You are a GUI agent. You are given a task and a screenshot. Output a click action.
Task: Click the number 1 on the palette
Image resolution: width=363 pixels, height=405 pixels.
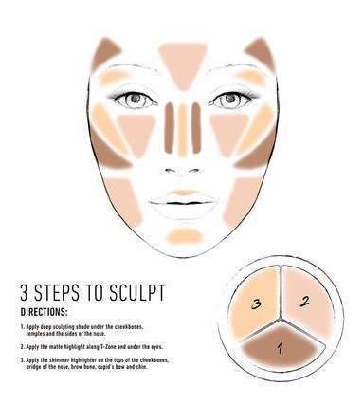(281, 348)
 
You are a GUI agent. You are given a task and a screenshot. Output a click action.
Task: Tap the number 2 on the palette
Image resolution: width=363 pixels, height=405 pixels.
(304, 302)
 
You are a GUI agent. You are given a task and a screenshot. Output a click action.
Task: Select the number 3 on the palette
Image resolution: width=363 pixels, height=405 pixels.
(256, 304)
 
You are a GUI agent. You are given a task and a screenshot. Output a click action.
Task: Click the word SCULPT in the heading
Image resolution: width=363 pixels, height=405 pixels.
(137, 292)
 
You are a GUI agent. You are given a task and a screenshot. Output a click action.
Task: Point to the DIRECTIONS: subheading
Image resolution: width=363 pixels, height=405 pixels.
(44, 312)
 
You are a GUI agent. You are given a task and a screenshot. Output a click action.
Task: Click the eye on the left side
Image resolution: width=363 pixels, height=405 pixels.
(136, 99)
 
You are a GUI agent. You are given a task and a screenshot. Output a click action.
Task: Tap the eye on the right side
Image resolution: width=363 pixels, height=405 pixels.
(230, 99)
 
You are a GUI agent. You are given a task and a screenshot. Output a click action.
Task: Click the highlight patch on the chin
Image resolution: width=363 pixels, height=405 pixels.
(185, 236)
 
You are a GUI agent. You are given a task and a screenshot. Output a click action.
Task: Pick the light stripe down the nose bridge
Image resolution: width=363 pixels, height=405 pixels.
(183, 130)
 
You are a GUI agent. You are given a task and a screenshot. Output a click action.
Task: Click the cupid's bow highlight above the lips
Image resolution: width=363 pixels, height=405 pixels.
(183, 193)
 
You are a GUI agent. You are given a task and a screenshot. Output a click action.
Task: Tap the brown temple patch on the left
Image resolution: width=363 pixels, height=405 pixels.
(105, 53)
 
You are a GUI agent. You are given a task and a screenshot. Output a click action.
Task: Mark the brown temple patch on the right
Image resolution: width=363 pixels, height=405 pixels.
(261, 53)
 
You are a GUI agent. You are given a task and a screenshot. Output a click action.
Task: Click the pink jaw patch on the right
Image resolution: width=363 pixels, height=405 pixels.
(242, 201)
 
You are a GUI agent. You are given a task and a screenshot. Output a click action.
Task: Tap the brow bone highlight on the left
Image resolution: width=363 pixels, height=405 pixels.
(115, 77)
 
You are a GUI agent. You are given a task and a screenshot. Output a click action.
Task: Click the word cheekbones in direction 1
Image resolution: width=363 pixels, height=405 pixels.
(130, 327)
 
